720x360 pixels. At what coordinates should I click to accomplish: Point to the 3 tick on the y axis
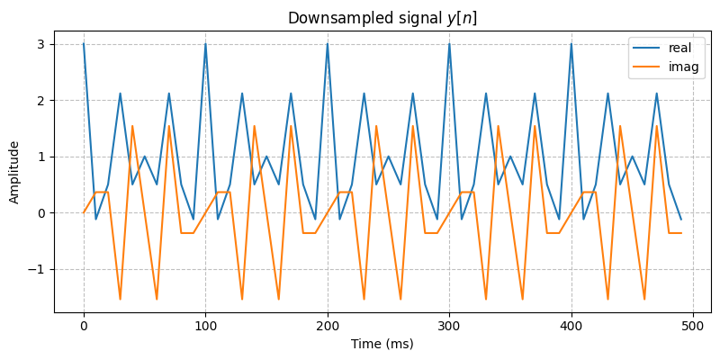coord(40,44)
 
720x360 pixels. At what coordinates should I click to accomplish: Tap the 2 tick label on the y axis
coord(40,101)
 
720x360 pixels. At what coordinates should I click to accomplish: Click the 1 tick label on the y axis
coord(40,157)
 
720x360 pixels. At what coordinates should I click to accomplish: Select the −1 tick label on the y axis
coord(37,270)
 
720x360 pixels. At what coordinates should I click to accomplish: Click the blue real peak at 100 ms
coord(206,44)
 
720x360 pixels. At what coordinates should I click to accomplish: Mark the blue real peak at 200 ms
coord(328,44)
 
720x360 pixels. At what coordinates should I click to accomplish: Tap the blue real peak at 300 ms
coord(450,44)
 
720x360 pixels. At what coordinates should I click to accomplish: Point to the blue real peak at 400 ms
coord(571,44)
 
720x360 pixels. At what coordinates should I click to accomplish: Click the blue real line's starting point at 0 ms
coord(84,44)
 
